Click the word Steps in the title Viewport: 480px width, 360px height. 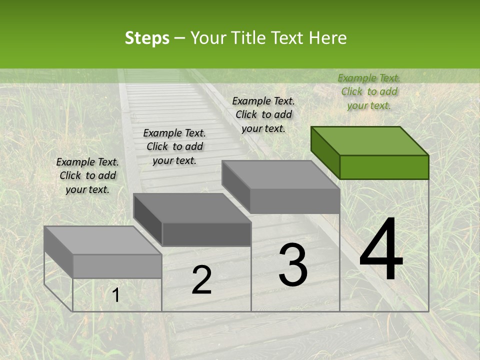click(147, 38)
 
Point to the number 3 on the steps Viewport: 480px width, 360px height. click(293, 265)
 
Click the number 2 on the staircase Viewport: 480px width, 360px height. click(201, 280)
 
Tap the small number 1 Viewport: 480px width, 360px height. click(116, 295)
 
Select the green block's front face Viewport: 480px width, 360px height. click(384, 167)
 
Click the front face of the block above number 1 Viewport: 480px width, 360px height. click(117, 266)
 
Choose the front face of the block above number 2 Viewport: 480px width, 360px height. click(206, 234)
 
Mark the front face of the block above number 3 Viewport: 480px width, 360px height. click(295, 201)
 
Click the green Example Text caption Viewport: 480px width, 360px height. click(369, 91)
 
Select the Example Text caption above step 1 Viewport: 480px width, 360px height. click(87, 175)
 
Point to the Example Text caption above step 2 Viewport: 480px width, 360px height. click(174, 146)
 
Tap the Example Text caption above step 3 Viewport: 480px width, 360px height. click(263, 114)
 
